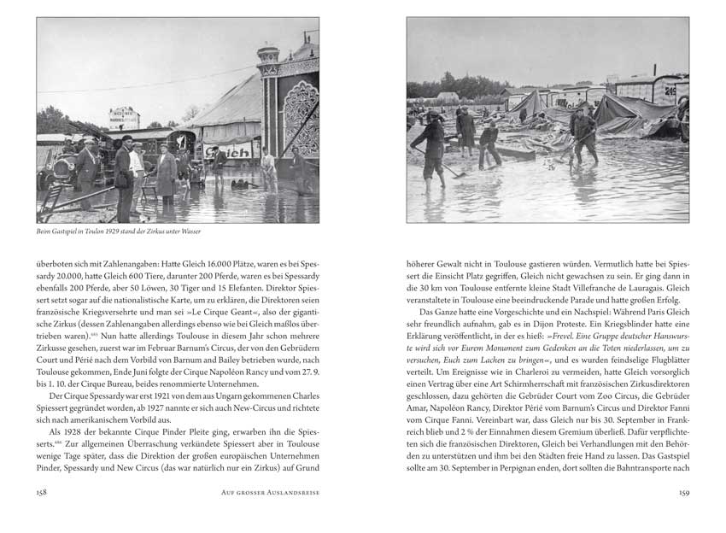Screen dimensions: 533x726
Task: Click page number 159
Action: pyautogui.click(x=682, y=492)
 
